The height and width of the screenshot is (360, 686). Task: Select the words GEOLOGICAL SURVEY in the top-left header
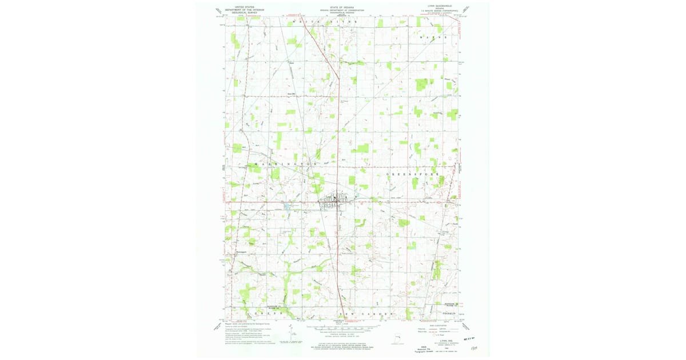pos(239,13)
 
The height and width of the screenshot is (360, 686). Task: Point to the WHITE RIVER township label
pos(324,21)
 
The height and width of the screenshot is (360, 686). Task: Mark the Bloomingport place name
pos(237,251)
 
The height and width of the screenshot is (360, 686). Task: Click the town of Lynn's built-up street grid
pos(334,201)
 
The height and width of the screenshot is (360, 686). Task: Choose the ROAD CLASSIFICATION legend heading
pos(440,324)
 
